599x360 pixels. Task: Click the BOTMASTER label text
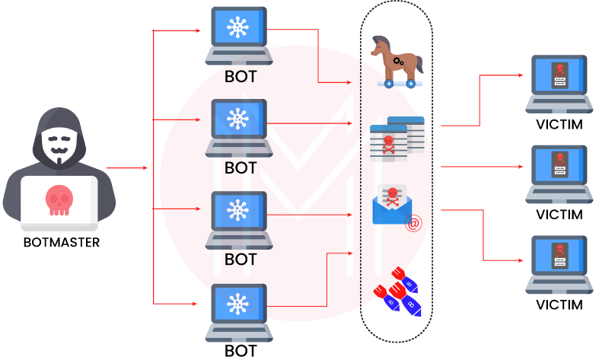61,244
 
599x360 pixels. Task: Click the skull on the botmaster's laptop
59,199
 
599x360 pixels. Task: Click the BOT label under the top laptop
241,77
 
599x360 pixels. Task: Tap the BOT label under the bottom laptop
241,351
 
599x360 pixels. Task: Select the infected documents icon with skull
396,139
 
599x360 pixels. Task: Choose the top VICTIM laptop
558,82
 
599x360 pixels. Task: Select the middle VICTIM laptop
558,172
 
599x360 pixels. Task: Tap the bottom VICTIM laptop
558,263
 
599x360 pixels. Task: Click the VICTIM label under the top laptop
559,125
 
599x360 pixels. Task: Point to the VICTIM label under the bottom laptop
559,305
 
